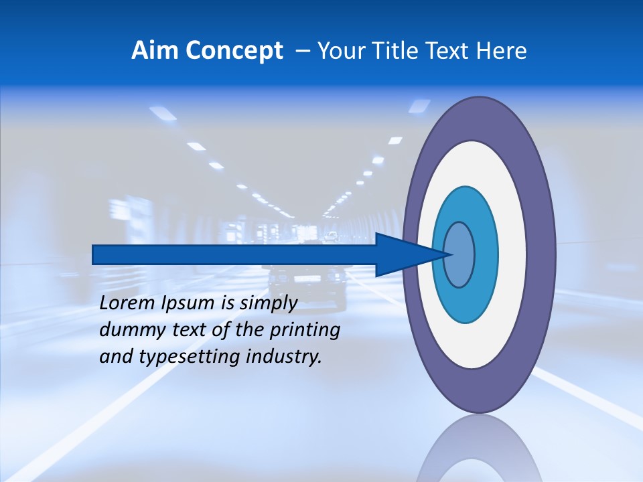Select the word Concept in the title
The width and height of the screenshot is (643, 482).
tap(234, 51)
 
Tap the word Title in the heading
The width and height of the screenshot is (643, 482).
tap(397, 50)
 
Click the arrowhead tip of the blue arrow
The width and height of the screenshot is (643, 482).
tap(450, 254)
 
